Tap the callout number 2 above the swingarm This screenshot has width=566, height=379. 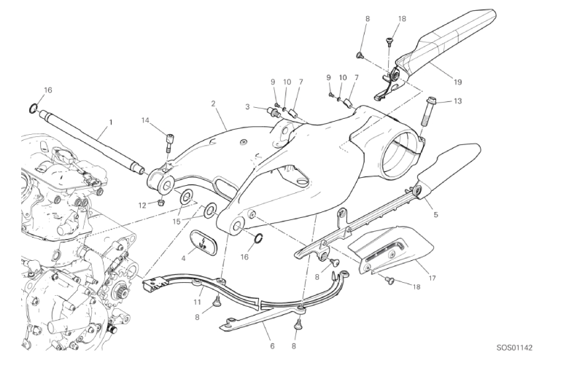pos(213,103)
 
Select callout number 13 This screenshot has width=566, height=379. pos(457,101)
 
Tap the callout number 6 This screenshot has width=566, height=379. pos(271,345)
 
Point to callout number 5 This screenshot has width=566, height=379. pos(436,215)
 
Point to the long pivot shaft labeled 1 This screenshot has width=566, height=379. pos(95,153)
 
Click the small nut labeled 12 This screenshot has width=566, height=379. pos(160,200)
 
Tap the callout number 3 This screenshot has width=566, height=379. pos(247,107)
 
